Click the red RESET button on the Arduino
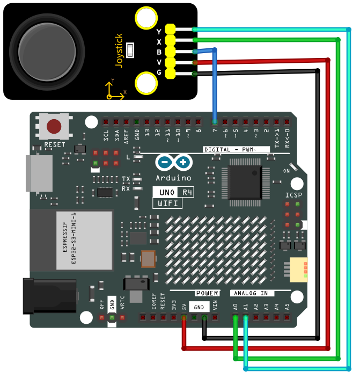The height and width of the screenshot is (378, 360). point(54,126)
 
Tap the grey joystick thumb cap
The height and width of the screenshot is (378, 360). point(47,52)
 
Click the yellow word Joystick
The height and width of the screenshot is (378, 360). point(119,51)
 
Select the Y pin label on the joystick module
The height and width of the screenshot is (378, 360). point(159,32)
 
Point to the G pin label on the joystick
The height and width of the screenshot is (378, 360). point(159,72)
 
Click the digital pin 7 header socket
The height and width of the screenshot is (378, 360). point(215,122)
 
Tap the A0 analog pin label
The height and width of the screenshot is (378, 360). point(236,307)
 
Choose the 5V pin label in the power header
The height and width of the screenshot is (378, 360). point(184,307)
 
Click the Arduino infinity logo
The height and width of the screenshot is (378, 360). point(174,162)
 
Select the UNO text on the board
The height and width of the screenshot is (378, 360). point(167,192)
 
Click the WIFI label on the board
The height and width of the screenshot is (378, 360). point(168,203)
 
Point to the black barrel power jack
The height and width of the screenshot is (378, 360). point(50,296)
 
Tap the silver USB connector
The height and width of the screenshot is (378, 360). point(39,173)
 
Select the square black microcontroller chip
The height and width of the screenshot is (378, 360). point(245,183)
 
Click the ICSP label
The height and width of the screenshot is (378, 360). point(293,195)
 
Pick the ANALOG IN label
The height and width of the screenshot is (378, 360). point(251,293)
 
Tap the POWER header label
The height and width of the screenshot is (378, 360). point(207,293)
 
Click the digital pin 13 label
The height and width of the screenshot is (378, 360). point(147,132)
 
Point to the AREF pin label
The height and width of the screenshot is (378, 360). point(126,137)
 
